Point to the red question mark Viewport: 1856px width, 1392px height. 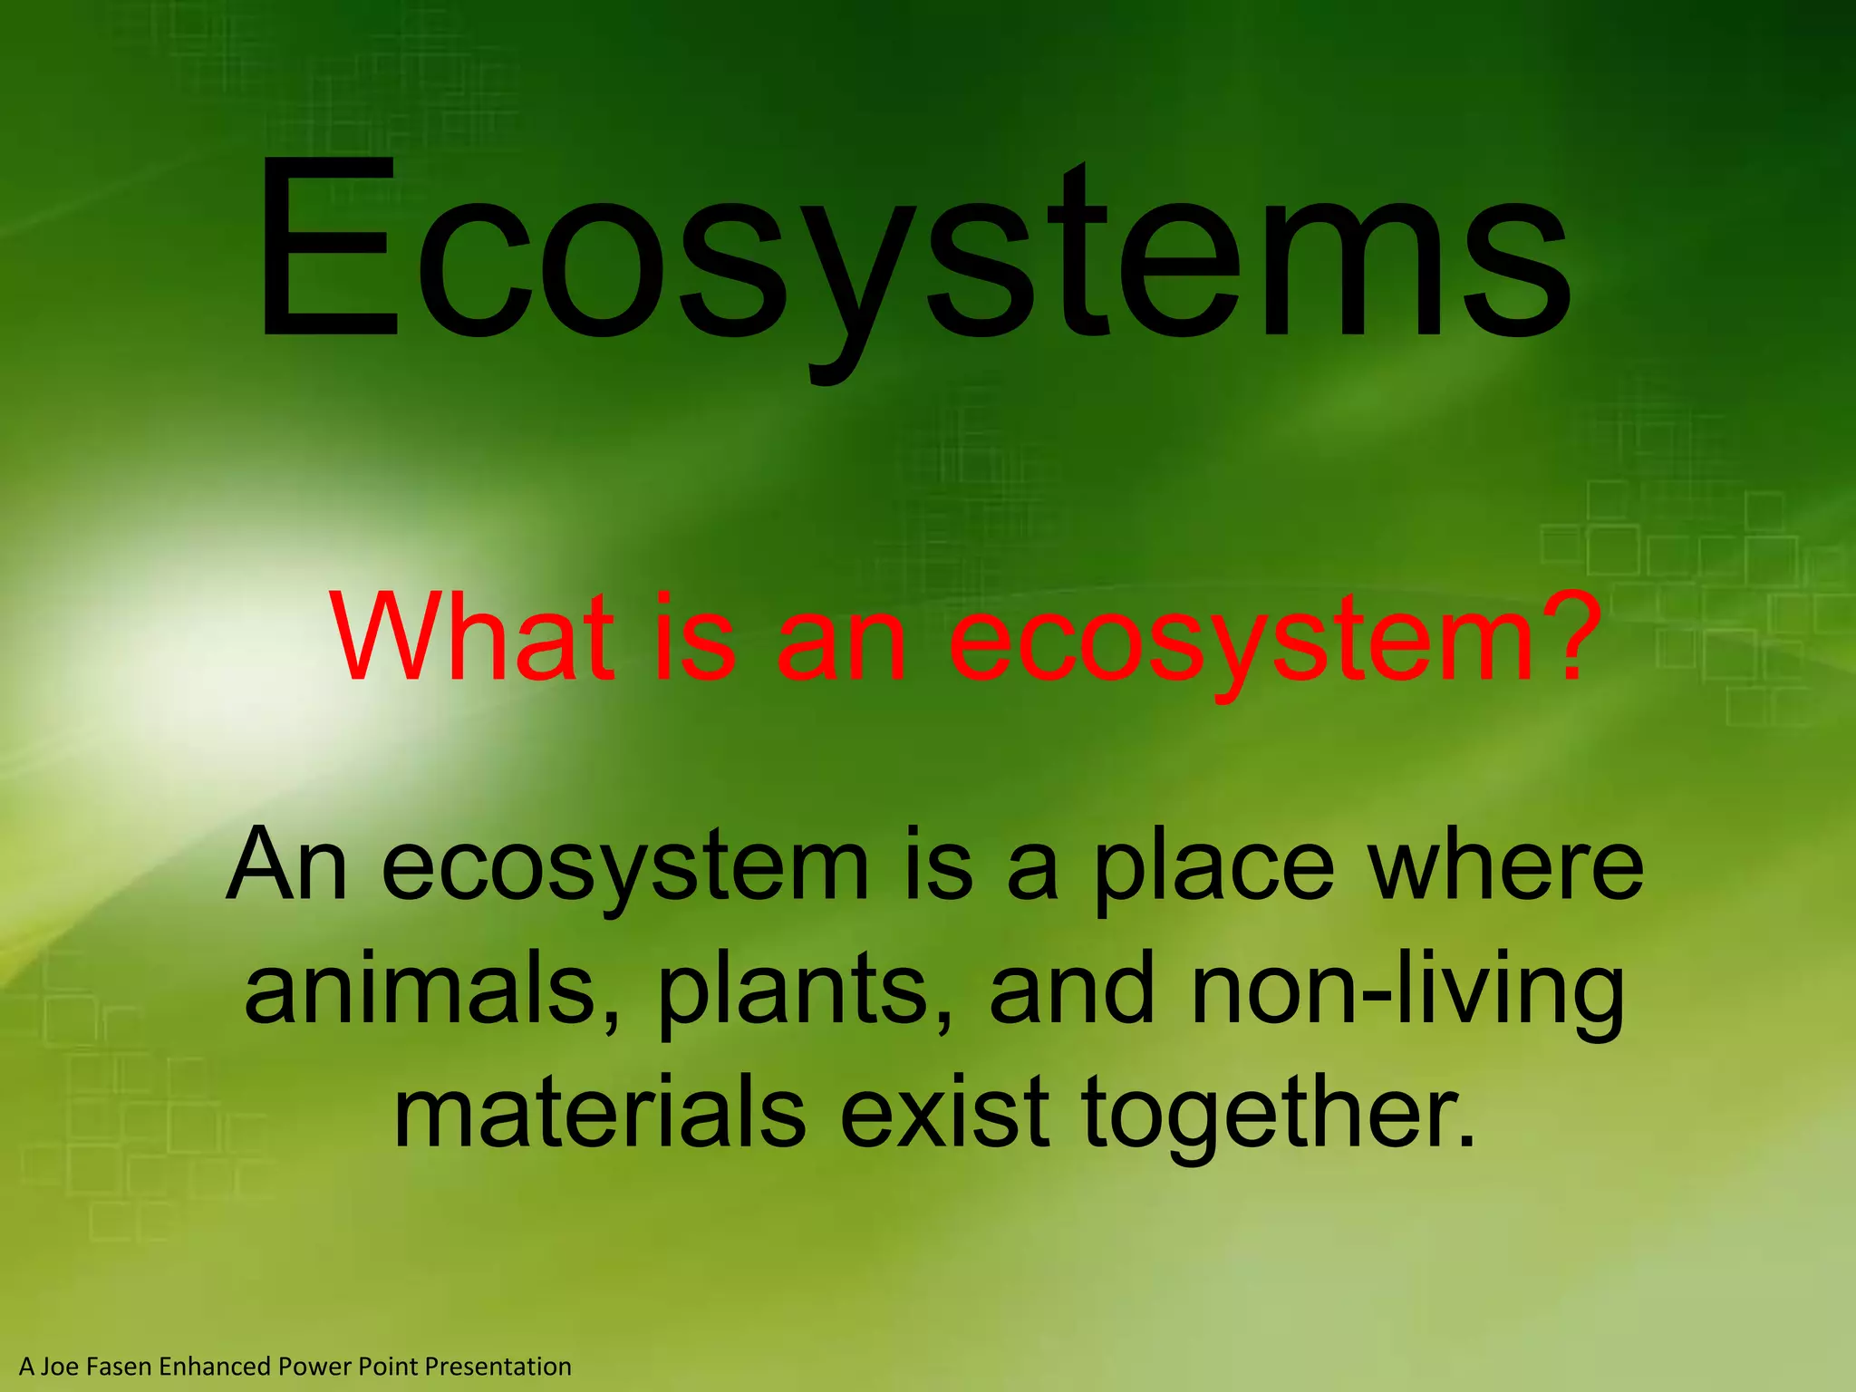coord(1554,634)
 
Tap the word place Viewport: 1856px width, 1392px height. coord(1214,868)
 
